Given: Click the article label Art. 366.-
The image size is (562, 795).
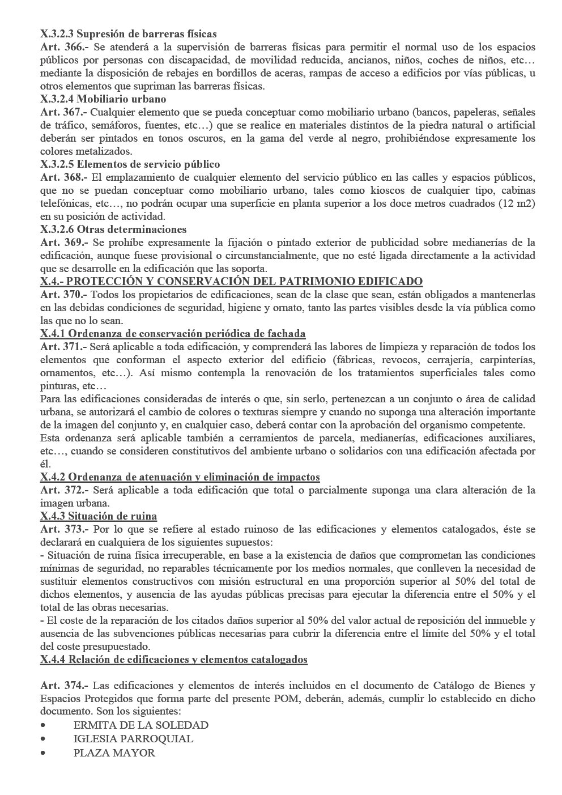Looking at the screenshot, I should tap(64, 48).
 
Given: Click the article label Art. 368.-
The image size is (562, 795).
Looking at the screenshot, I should tap(64, 177).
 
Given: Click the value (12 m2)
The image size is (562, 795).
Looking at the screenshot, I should tap(517, 203).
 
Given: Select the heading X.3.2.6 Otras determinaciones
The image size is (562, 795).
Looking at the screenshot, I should tap(113, 229).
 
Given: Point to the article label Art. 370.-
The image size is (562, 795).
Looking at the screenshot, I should tap(64, 295).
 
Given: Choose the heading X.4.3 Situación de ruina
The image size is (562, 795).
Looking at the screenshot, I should tap(99, 516).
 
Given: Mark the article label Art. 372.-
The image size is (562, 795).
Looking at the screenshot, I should tap(64, 490).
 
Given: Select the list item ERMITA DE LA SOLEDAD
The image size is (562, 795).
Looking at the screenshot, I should tap(141, 725).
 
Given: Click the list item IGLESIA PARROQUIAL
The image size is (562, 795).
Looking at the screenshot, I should tap(133, 739).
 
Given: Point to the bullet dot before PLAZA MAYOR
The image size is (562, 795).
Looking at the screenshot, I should tap(44, 753).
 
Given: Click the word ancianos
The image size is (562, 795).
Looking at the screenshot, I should tap(371, 61).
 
